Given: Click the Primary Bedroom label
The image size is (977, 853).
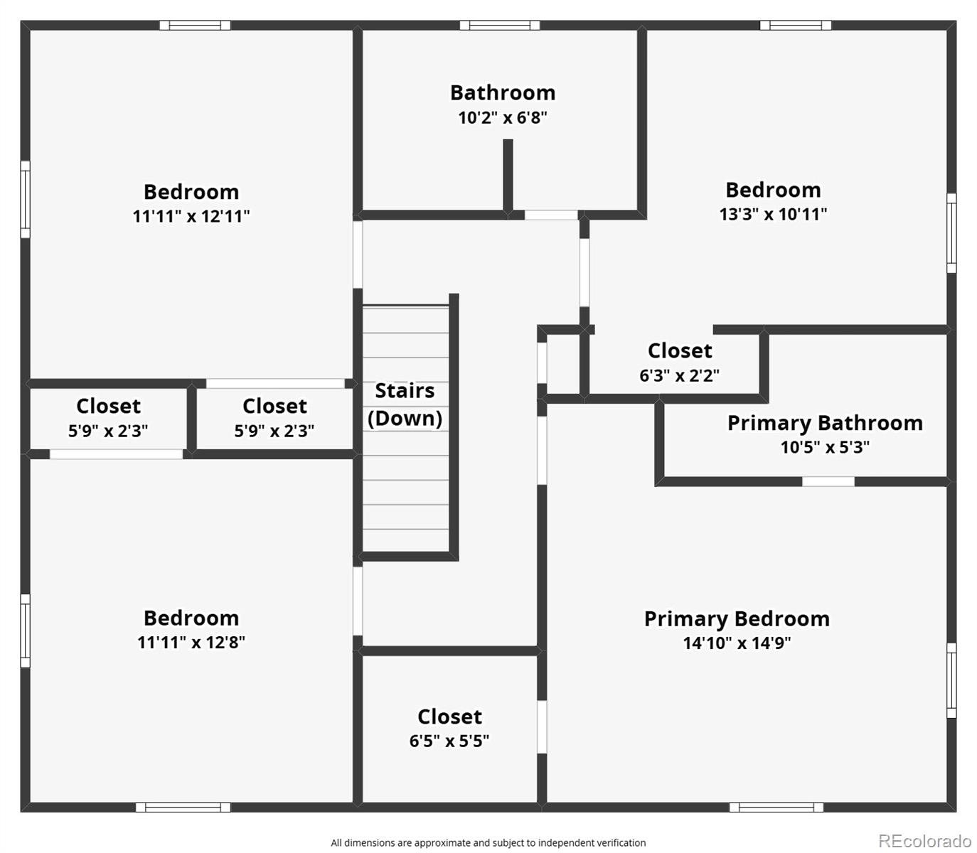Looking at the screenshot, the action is (x=737, y=618).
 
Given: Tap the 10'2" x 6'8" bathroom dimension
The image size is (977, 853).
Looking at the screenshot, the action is (x=503, y=117).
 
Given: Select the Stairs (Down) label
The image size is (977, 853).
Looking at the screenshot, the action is (x=405, y=404).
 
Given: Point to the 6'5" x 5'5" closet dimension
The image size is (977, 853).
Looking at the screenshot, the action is (x=449, y=741).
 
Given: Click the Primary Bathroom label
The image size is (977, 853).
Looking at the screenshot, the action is (x=825, y=423).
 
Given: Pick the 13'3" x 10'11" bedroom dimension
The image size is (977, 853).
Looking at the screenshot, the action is (x=774, y=214).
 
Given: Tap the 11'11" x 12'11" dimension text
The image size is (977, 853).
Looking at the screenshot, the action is (x=191, y=216).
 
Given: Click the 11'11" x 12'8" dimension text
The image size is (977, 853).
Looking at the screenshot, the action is (x=191, y=642).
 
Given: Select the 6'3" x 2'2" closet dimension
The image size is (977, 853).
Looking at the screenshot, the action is (x=680, y=375).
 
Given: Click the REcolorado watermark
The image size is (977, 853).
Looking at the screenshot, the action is (x=925, y=840).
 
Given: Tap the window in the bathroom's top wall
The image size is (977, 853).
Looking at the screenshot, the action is (x=499, y=26).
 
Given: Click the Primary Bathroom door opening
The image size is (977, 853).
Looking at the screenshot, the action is (x=828, y=481).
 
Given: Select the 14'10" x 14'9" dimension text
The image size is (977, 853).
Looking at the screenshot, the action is (x=737, y=643).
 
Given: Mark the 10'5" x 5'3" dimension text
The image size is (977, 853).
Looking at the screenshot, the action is (x=825, y=447).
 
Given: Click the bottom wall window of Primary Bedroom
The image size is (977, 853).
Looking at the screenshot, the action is (x=776, y=808).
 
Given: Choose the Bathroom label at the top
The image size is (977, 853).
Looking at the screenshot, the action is (x=503, y=93).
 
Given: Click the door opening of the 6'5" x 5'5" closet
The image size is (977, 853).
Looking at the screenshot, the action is (x=542, y=727).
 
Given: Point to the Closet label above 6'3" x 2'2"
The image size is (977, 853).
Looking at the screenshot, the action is (x=680, y=351).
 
